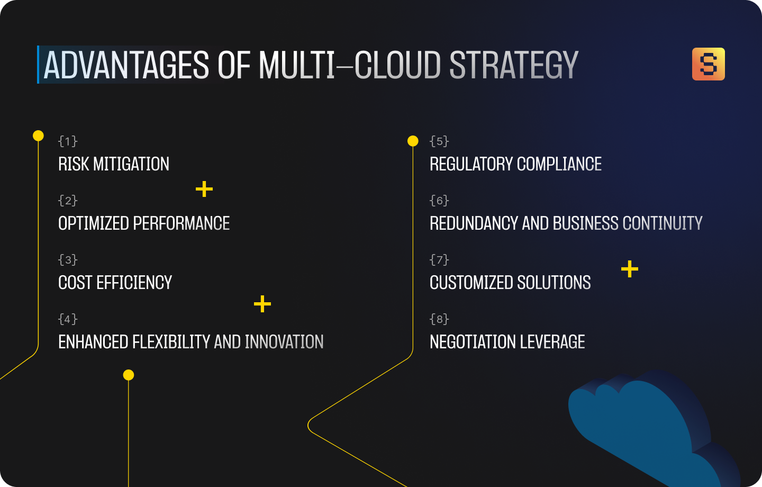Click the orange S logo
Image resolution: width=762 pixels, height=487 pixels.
[708, 64]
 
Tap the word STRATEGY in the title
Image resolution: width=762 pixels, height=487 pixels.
[514, 66]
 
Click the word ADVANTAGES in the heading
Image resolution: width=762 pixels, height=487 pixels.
[126, 66]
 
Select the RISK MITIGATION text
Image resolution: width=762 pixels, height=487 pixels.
[114, 164]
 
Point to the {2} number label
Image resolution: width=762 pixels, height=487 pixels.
[68, 200]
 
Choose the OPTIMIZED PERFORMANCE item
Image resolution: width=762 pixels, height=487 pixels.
[144, 223]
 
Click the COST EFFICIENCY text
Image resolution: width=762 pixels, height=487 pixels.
[115, 283]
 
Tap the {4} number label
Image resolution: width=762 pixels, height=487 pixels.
[68, 319]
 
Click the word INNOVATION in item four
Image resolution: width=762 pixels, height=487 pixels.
[284, 342]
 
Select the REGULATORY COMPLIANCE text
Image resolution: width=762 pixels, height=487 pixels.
[515, 164]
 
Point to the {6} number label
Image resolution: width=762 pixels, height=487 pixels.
[439, 200]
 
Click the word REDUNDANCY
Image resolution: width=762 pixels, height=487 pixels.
[474, 223]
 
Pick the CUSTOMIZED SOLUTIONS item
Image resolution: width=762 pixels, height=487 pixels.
[510, 283]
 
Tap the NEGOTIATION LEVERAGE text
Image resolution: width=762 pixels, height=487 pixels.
[507, 342]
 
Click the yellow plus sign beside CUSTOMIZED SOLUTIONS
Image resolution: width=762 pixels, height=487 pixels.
[630, 269]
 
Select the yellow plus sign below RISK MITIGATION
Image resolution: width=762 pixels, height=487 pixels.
[204, 189]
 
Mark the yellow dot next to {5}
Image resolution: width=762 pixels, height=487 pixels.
[413, 141]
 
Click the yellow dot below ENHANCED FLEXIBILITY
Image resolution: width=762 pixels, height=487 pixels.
[129, 375]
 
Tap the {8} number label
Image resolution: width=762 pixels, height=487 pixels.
[439, 319]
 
